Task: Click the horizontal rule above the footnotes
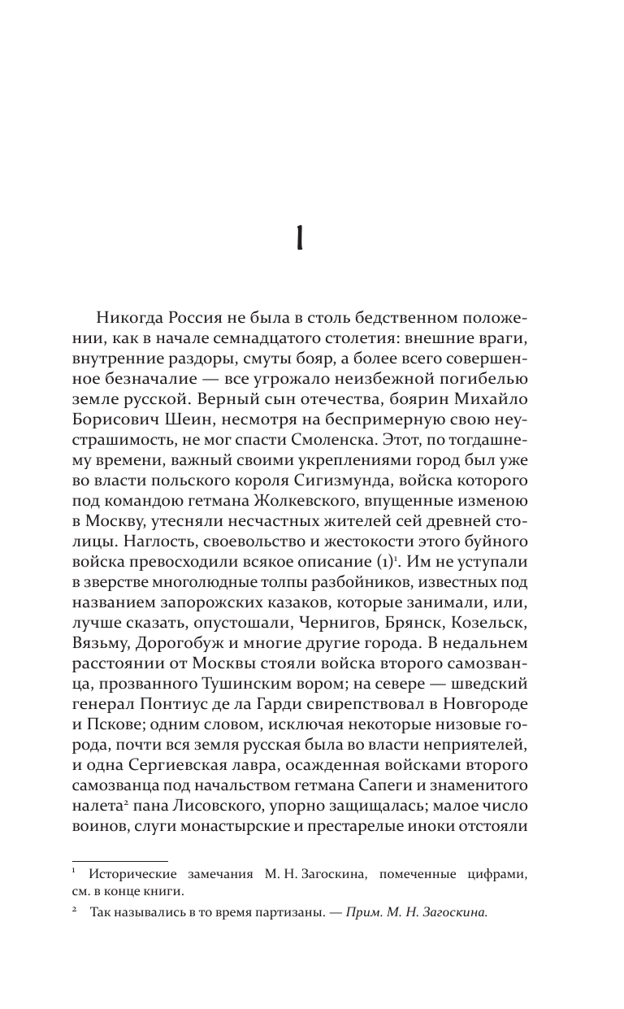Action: point(120,861)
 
